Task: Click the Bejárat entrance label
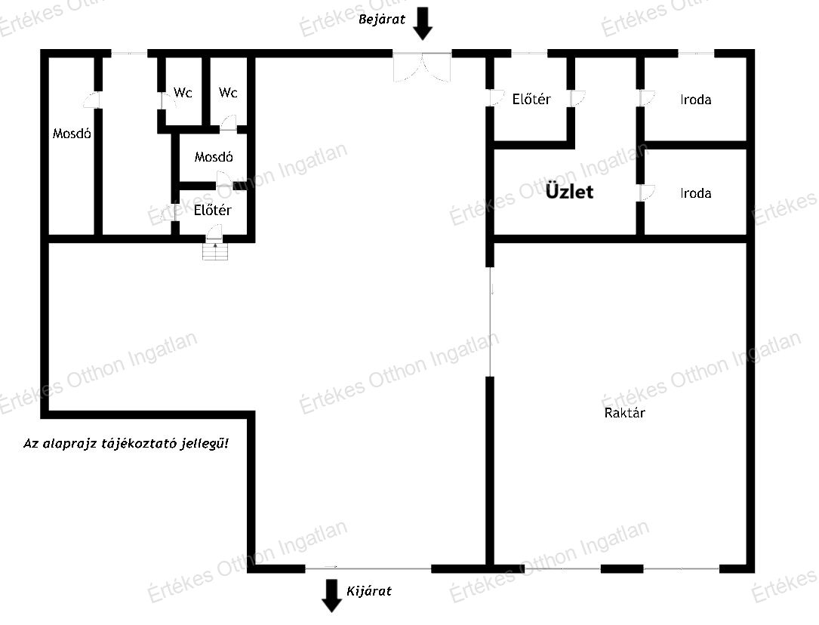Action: tap(381, 20)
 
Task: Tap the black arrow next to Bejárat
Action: tap(423, 23)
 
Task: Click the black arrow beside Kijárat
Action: tap(331, 596)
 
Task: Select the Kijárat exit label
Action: tap(369, 591)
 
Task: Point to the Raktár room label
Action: tap(625, 413)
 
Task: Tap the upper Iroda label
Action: tap(696, 100)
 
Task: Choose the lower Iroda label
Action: tap(696, 194)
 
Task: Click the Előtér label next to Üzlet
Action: tap(531, 99)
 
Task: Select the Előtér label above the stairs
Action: tap(213, 210)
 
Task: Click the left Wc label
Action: tap(183, 93)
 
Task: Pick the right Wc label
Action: tap(228, 93)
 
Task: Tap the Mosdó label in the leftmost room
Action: tap(72, 134)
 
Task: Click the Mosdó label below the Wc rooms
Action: tap(214, 157)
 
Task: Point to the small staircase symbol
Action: tap(215, 251)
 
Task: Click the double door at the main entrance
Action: tap(422, 67)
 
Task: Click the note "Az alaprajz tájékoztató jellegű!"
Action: tap(126, 444)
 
